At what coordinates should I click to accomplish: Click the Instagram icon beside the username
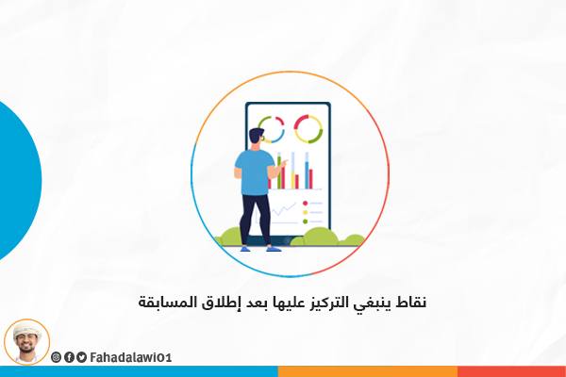[x=56, y=357]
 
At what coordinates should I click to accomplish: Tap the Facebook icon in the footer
[x=69, y=357]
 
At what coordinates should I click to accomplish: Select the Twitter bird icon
[x=81, y=357]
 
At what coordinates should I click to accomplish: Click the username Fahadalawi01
[x=131, y=357]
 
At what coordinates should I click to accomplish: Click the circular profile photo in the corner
[x=26, y=341]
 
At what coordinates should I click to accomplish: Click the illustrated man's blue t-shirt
[x=254, y=172]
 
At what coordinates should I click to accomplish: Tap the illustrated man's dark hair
[x=257, y=135]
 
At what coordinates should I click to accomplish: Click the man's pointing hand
[x=284, y=163]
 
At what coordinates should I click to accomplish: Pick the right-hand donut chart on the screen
[x=308, y=129]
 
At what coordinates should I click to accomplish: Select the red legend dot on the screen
[x=305, y=204]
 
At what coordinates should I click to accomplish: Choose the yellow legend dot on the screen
[x=305, y=212]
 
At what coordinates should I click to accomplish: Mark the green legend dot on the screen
[x=305, y=221]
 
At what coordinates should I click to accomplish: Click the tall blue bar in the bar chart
[x=307, y=174]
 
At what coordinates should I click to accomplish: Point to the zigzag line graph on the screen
[x=284, y=209]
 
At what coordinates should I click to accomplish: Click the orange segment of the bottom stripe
[x=368, y=371]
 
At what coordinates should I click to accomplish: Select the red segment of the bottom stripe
[x=511, y=371]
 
